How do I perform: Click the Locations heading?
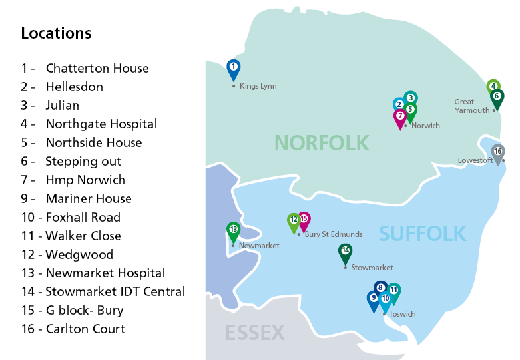coord(57,33)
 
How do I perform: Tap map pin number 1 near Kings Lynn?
coord(233,68)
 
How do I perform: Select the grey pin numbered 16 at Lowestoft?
coord(497,152)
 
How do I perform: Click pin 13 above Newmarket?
coord(233,230)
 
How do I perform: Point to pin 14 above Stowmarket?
coord(345,252)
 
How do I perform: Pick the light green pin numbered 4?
coord(493,86)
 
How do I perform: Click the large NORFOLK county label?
coord(321,142)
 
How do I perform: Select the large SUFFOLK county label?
coord(422,234)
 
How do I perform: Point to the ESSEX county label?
coord(255,333)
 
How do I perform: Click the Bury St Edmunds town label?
coord(333,234)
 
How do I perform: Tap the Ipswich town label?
coord(403,314)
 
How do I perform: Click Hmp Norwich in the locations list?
coord(85,180)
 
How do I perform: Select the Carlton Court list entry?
coord(85,329)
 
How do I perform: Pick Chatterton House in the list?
coord(97,68)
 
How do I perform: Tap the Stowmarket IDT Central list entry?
coord(115,291)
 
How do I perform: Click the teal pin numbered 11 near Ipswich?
coord(394,291)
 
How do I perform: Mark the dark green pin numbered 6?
coord(497,96)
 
